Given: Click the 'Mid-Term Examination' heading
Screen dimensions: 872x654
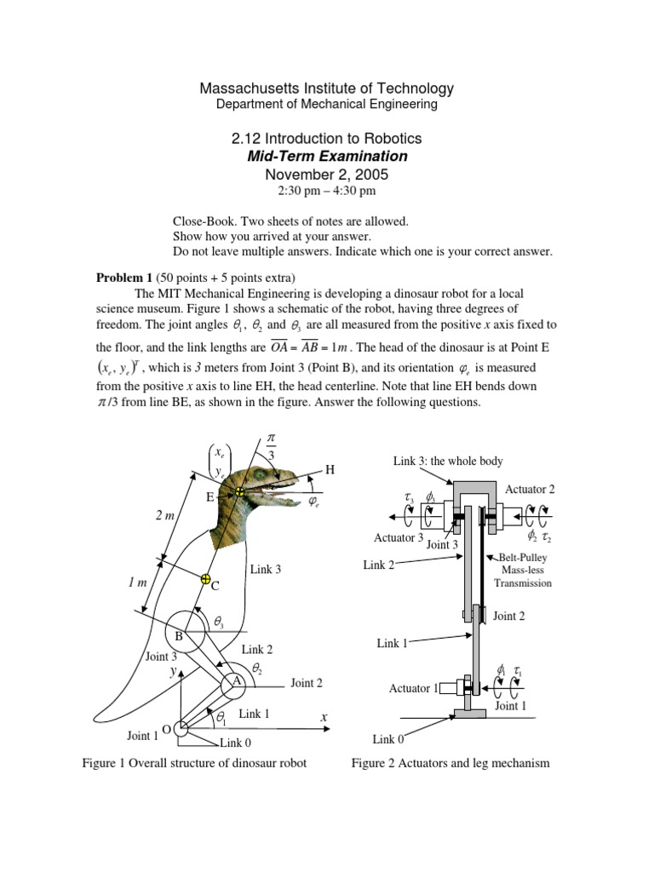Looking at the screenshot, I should pos(327,156).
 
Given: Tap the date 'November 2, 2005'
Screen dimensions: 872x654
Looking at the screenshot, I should pos(327,174).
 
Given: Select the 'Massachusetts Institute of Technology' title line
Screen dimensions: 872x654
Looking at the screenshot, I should pos(327,89).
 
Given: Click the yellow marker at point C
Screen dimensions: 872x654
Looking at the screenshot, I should pos(205,579).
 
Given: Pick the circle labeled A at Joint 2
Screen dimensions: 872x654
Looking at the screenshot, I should pos(236,683).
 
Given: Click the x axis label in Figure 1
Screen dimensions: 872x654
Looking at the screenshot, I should pos(324,719).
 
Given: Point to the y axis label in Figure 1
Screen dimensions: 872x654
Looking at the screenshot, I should pos(172,672).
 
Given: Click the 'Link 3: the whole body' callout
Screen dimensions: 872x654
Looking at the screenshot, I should pos(448,461).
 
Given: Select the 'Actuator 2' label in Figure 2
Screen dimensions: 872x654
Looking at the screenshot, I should pos(530,489).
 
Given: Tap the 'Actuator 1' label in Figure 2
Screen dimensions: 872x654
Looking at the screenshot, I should pos(413,687).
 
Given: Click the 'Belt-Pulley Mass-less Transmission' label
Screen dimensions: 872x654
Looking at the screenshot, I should pos(523,571).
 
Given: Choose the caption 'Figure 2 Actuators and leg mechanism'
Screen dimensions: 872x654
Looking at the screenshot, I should pos(450,763).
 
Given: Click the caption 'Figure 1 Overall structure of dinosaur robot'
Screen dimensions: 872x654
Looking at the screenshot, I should pos(194,763).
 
